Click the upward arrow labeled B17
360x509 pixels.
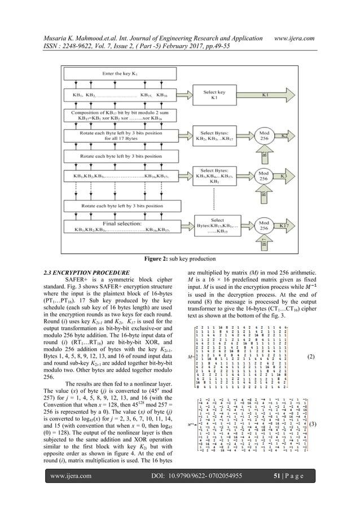pos(249,243)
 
